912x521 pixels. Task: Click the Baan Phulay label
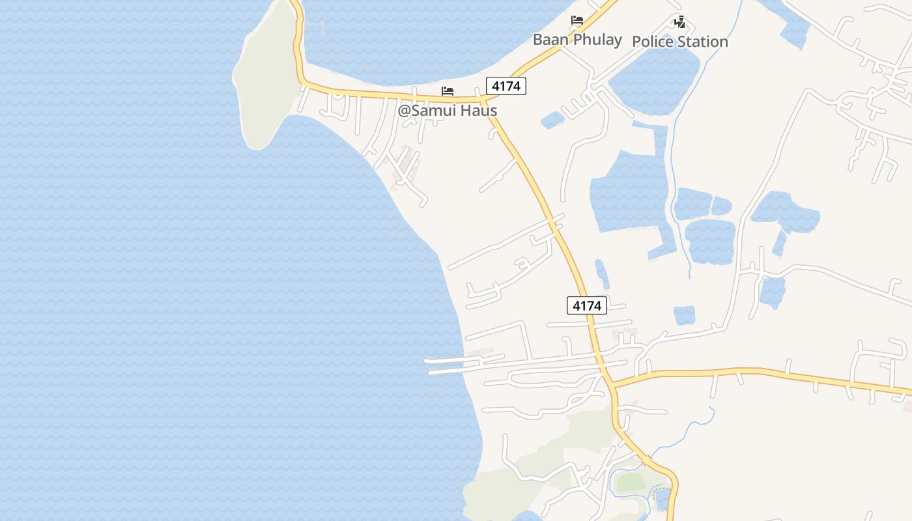tap(577, 39)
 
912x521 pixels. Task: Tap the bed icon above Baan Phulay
tap(577, 20)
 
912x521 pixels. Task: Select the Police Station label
tap(680, 42)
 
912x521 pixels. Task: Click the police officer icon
tap(679, 23)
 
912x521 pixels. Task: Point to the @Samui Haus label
tap(448, 110)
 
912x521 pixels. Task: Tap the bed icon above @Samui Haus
tap(447, 91)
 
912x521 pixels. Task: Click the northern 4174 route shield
tap(506, 85)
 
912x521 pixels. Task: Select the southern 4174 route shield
tap(587, 305)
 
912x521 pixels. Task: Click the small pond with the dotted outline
tap(662, 498)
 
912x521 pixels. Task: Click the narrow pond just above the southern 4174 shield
tap(602, 274)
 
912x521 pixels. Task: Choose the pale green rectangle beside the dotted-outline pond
tap(631, 483)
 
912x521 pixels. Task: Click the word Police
tap(652, 42)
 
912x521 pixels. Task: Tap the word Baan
tap(550, 39)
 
